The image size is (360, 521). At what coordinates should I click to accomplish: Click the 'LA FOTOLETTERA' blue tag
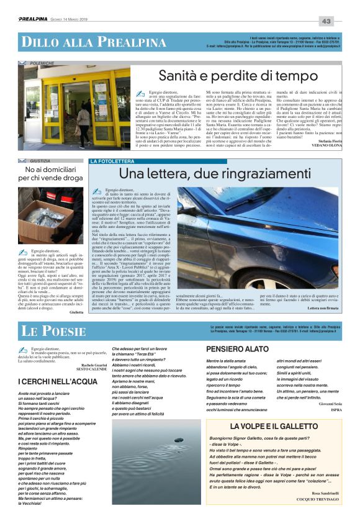pos(111,161)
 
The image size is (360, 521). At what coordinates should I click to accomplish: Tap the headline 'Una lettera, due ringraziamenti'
pos(215,173)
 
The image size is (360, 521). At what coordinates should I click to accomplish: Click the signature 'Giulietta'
pos(76,312)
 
